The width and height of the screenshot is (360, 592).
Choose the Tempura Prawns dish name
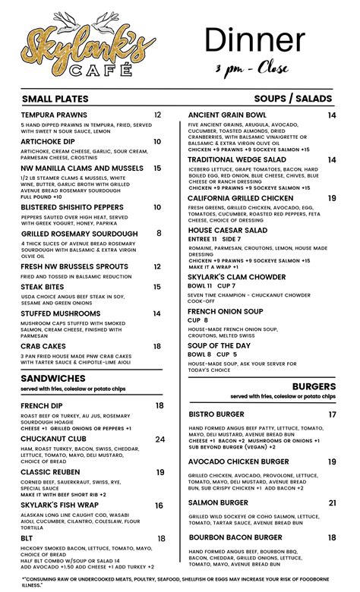click(x=53, y=115)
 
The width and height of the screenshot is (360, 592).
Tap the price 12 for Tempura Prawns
click(x=157, y=115)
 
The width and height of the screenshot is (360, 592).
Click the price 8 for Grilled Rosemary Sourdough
click(x=159, y=234)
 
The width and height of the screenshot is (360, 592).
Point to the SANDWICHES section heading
click(x=53, y=377)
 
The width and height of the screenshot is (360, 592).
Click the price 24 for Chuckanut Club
click(x=160, y=439)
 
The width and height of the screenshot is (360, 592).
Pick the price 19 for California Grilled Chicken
click(x=332, y=198)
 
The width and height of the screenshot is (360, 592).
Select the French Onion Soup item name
click(x=226, y=311)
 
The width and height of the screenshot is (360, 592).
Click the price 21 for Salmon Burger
click(x=333, y=502)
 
